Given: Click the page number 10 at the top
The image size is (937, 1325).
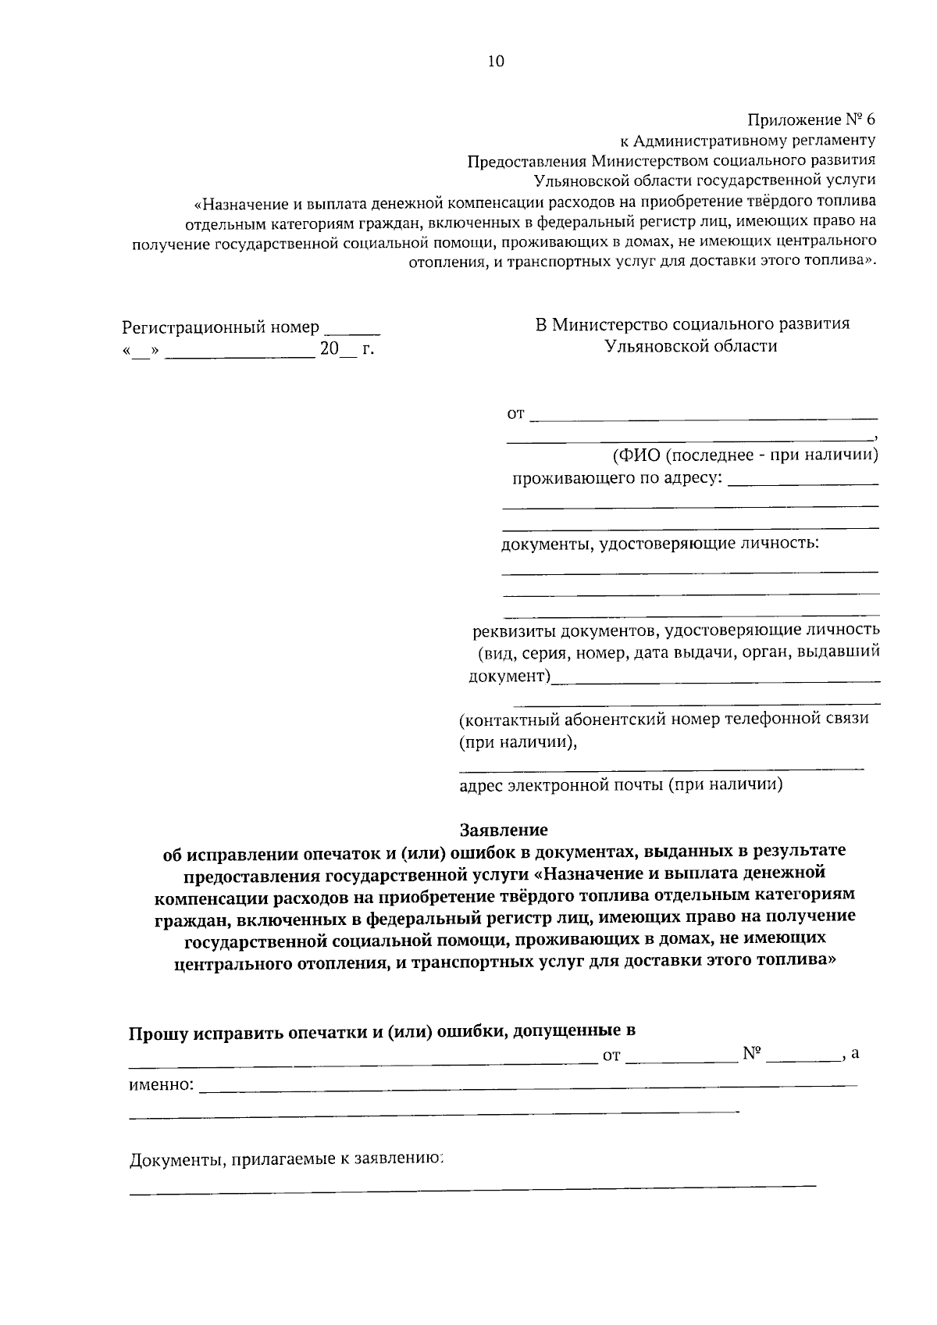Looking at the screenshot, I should tap(496, 62).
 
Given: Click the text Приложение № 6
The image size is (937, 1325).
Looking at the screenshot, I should tap(811, 120).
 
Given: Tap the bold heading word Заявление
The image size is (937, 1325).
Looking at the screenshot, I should tap(504, 829).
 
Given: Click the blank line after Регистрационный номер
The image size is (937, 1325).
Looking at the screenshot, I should tap(352, 334).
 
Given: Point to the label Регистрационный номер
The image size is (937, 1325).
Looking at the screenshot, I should tap(221, 327).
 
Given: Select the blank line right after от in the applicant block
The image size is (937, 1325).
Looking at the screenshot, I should tap(703, 420).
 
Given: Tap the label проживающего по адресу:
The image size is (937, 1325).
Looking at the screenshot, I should tap(616, 478).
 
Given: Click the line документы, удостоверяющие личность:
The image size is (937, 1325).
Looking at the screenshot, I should tap(660, 542).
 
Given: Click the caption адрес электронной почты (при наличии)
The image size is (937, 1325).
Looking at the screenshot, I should tap(621, 784).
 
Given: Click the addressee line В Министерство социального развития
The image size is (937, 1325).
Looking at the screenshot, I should tap(692, 323).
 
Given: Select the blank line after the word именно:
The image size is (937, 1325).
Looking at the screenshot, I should tap(528, 1085).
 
